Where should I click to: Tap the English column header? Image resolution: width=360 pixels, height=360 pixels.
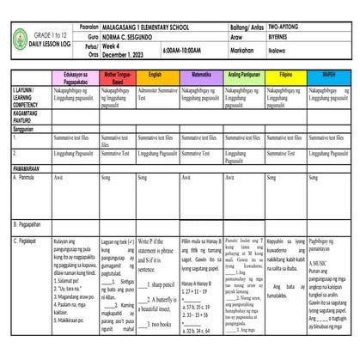(x=157, y=75)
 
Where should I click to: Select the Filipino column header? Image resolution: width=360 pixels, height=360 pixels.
(x=286, y=75)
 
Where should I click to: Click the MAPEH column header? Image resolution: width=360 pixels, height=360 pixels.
(x=330, y=75)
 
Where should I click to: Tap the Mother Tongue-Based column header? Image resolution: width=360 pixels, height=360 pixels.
(x=114, y=77)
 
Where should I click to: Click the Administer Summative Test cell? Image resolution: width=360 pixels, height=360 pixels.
(x=157, y=95)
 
